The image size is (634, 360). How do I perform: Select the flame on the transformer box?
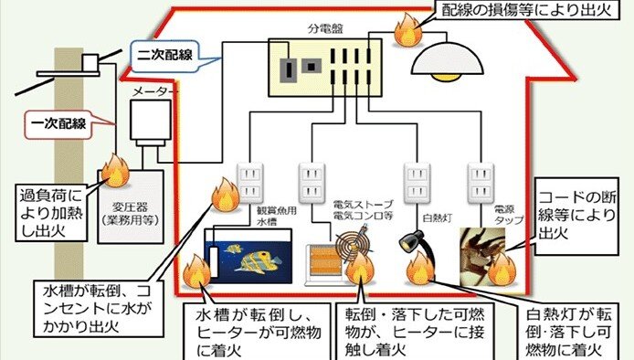(x=115, y=169)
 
